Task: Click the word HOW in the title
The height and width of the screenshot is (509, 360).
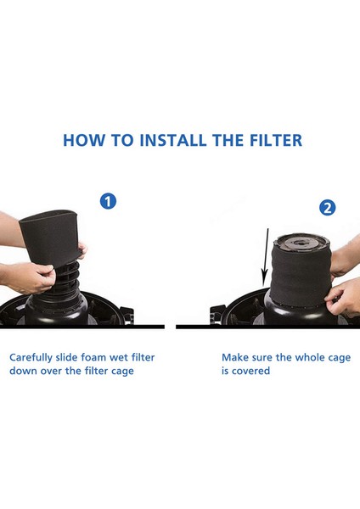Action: click(x=82, y=140)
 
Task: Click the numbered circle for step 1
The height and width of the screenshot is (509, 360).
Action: click(x=108, y=202)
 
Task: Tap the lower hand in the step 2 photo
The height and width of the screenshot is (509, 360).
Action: click(x=344, y=297)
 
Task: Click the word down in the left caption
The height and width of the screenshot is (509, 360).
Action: click(x=24, y=372)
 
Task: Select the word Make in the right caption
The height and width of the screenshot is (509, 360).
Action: click(x=235, y=357)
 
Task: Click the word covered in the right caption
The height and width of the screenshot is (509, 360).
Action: click(x=252, y=372)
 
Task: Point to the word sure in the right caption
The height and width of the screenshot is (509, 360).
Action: click(x=263, y=357)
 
